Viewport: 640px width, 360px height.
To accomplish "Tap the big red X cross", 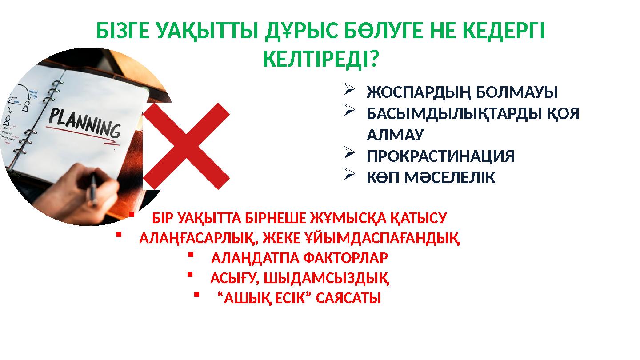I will pos(187,146).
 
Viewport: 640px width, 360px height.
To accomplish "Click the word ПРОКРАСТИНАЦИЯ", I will pos(440,156).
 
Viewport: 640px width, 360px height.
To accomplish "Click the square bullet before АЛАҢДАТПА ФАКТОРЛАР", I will pos(190,255).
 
